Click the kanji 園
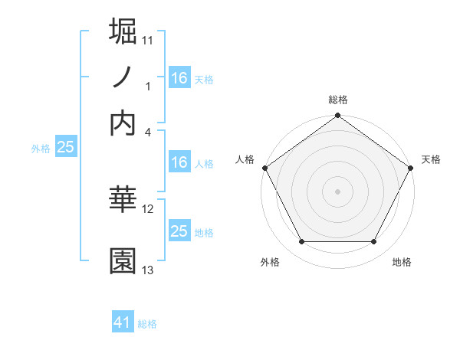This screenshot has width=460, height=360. pos(123,261)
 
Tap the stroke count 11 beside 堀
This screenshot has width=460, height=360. pos(148,38)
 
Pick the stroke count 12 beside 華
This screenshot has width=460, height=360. pos(148,208)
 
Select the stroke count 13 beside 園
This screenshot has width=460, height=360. pos(148,270)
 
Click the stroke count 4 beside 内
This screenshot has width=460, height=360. pos(148,131)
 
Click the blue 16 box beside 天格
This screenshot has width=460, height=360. pos(179,78)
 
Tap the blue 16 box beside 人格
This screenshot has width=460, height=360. pos(179,162)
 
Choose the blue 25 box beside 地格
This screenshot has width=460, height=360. pos(179,231)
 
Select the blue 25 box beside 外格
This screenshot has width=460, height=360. pos(65,148)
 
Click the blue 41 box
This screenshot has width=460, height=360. pos(123,322)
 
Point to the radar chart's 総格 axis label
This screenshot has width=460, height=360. pos(338,100)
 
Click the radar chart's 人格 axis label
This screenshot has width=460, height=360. pos(245,159)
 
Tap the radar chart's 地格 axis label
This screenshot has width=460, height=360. pos(402,263)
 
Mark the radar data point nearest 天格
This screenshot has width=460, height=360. pos(412,168)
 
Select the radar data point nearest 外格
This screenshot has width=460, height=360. pos(301,242)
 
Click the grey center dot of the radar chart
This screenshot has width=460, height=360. pos(338,191)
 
